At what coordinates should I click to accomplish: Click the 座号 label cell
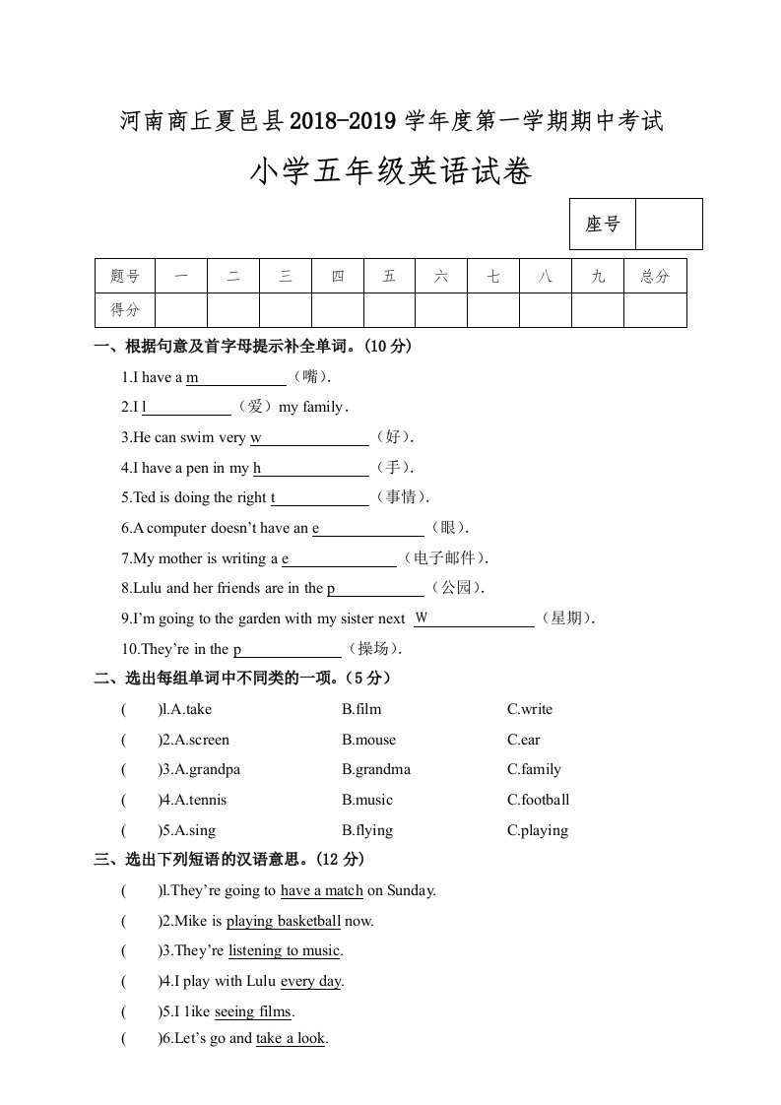pos(603,225)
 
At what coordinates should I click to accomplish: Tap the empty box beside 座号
pos(669,225)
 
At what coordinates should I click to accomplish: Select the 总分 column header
pos(655,277)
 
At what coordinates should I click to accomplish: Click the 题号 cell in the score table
pos(126,277)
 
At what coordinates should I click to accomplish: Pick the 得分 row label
pos(126,310)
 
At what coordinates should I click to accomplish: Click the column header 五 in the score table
pos(389,277)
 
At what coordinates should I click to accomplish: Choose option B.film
pos(361,709)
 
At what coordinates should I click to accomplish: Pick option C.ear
pos(523,740)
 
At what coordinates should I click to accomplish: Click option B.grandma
pos(376,769)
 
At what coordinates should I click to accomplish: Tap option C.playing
pos(538,830)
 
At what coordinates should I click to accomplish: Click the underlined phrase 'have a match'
pos(322,890)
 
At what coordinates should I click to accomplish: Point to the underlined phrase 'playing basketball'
pos(284,922)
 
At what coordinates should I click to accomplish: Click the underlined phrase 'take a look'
pos(291,1038)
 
